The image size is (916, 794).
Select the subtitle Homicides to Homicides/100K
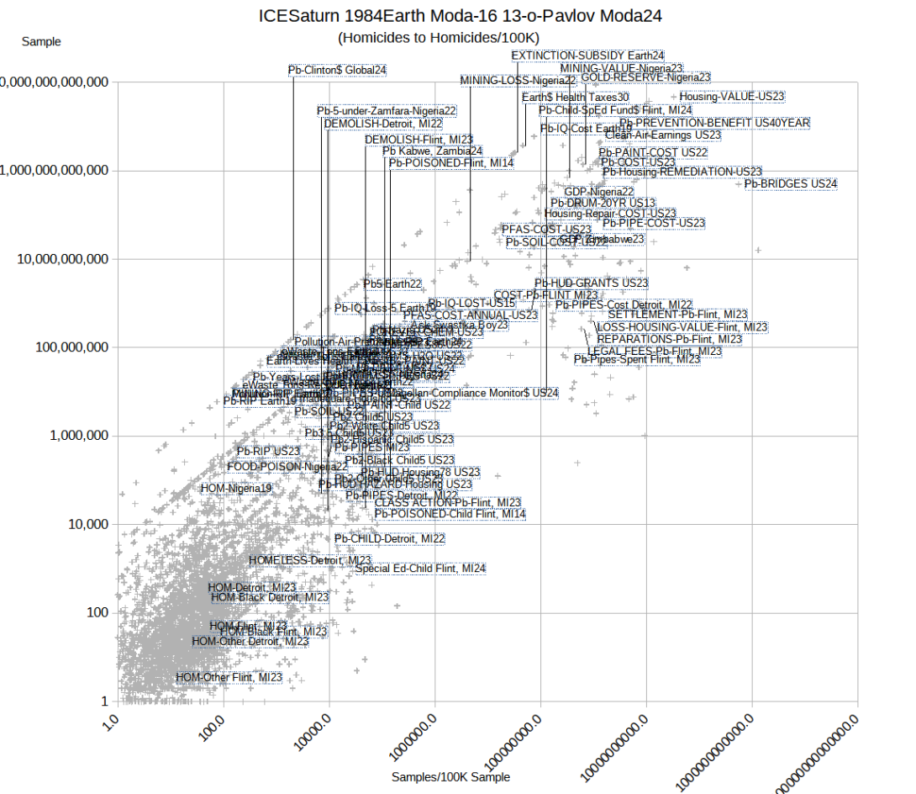(x=438, y=38)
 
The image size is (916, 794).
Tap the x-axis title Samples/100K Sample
(x=450, y=777)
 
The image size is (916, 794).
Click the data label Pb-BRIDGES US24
(x=791, y=183)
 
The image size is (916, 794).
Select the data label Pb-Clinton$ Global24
(x=337, y=70)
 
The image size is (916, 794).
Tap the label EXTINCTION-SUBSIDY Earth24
(x=587, y=56)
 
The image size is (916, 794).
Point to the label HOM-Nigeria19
(x=236, y=488)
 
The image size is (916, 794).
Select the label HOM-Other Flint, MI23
(x=229, y=677)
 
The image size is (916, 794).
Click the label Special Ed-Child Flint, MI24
(x=420, y=569)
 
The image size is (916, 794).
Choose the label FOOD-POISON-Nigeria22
(x=287, y=467)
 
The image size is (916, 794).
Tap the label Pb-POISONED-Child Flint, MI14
(x=450, y=513)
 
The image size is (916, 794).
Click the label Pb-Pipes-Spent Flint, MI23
(x=637, y=359)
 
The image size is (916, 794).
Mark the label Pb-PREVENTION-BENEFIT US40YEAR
(x=714, y=123)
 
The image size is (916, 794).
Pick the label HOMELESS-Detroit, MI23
(x=310, y=560)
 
